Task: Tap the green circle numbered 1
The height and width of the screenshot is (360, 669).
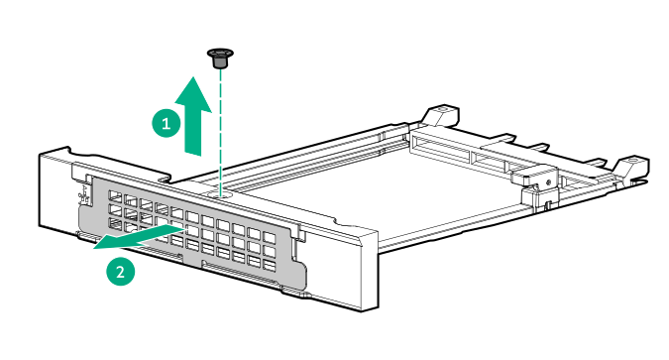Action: [x=167, y=123]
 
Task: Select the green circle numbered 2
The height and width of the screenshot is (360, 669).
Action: [x=121, y=272]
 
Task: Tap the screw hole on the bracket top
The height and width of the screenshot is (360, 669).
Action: [x=221, y=190]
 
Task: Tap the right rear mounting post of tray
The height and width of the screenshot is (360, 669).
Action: [x=629, y=166]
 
